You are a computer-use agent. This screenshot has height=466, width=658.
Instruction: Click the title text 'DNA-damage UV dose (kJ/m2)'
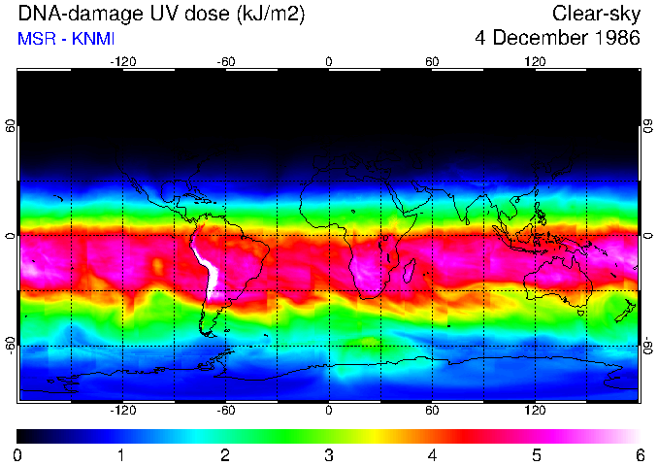144,14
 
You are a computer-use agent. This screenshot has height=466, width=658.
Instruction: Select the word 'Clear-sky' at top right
596,14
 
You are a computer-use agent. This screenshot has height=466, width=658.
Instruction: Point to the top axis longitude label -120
122,61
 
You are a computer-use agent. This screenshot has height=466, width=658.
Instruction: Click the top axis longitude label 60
432,61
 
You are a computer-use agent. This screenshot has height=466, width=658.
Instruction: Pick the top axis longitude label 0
329,61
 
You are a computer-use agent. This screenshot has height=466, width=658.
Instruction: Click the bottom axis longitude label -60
225,411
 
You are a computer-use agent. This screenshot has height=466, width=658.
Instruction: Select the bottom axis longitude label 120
535,411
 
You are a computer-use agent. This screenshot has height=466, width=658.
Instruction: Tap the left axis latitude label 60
11,127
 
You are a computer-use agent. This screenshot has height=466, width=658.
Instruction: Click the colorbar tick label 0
18,454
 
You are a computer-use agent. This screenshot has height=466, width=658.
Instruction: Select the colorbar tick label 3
329,454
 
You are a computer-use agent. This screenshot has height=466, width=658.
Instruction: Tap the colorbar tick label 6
639,454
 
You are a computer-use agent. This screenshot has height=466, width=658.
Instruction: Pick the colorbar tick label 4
432,454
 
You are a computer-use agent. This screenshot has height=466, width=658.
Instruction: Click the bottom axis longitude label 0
329,411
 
